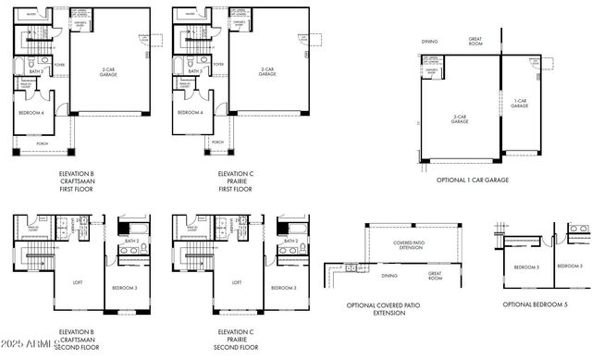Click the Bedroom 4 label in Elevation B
click(32, 113)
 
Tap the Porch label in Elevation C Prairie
click(217, 143)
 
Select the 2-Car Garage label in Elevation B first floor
click(109, 70)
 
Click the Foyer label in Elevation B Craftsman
click(59, 65)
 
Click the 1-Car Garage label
click(520, 105)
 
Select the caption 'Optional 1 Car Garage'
click(472, 180)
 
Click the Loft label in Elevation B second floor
click(79, 282)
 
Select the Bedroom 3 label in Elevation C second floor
click(283, 288)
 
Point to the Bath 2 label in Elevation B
click(131, 241)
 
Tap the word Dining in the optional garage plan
click(429, 41)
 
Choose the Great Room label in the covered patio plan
click(435, 276)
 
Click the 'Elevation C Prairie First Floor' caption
click(234, 180)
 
